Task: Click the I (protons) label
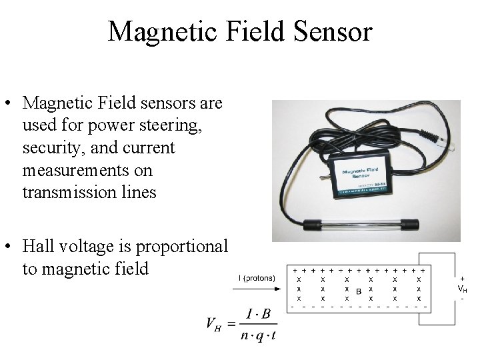pos(257,277)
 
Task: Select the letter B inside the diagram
pos(359,291)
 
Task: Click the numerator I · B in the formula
pos(257,313)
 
